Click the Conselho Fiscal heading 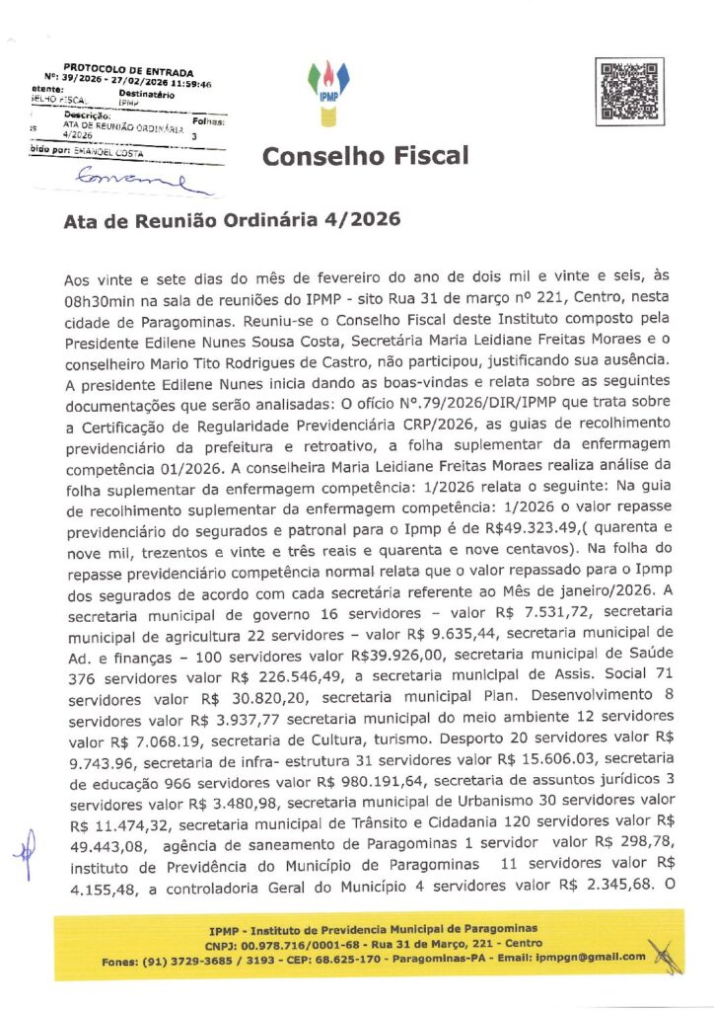point(365,156)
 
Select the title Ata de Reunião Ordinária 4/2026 point(232,219)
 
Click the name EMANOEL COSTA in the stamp point(106,153)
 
